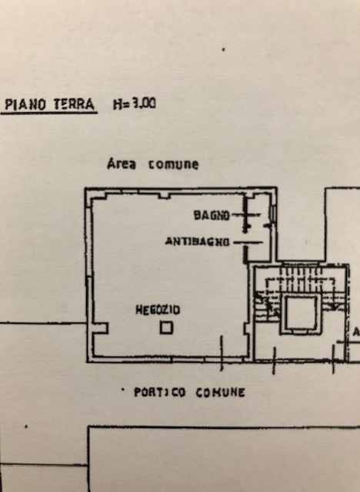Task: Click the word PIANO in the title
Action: pyautogui.click(x=25, y=105)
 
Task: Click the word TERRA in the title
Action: pyautogui.click(x=74, y=105)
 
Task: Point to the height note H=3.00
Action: pyautogui.click(x=135, y=104)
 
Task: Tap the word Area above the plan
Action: pyautogui.click(x=122, y=164)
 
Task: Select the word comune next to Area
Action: pyautogui.click(x=174, y=165)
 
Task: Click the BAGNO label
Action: pyautogui.click(x=212, y=215)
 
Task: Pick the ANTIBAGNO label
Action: pyautogui.click(x=198, y=241)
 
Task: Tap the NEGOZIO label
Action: pyautogui.click(x=158, y=310)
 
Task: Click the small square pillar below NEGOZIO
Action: pyautogui.click(x=166, y=328)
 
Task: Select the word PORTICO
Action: pyautogui.click(x=160, y=392)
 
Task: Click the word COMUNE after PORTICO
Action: pyautogui.click(x=220, y=393)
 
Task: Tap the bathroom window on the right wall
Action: pyautogui.click(x=273, y=212)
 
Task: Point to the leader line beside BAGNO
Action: pyautogui.click(x=246, y=215)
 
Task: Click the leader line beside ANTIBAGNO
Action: pyautogui.click(x=248, y=242)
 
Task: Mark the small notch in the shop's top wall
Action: pyautogui.click(x=164, y=196)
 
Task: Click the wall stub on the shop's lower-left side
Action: pyautogui.click(x=101, y=328)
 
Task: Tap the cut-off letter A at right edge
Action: pyautogui.click(x=357, y=332)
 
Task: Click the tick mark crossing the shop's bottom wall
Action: pyautogui.click(x=222, y=353)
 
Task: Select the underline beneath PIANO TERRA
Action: pyautogui.click(x=49, y=112)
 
